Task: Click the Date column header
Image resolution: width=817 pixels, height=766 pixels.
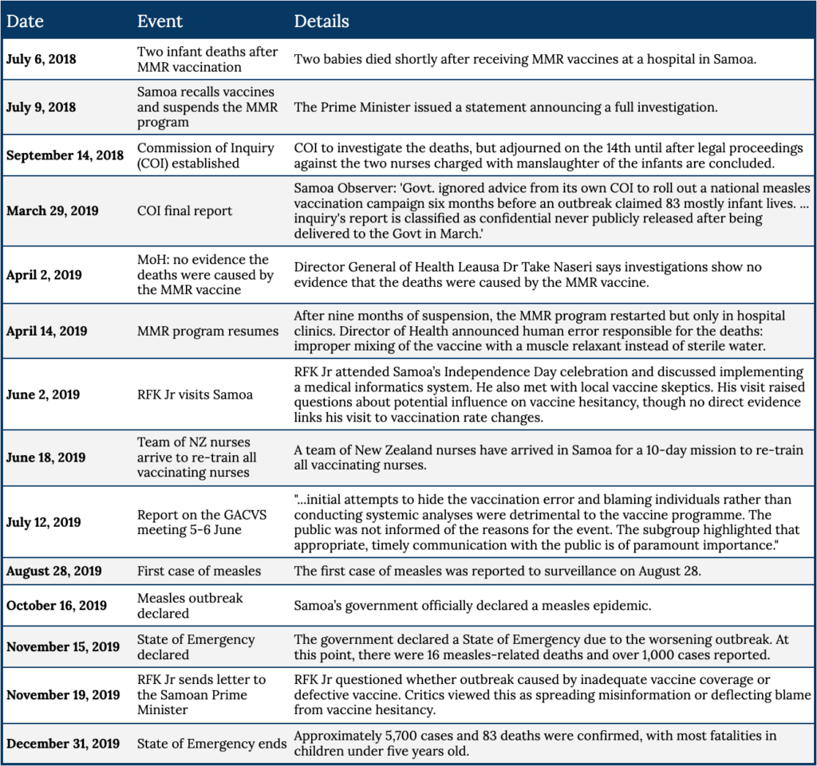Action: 25,21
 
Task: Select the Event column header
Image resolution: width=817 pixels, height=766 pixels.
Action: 160,21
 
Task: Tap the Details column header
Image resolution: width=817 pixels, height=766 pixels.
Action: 322,21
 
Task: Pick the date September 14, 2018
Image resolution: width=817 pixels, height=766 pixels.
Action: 65,155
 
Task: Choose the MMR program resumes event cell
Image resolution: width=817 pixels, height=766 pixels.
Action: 207,331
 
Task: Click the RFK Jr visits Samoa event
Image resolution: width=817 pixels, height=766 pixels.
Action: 195,395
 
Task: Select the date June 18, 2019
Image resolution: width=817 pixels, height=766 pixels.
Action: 45,458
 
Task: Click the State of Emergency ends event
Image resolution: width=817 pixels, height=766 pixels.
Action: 211,744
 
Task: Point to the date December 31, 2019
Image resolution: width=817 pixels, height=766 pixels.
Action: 64,744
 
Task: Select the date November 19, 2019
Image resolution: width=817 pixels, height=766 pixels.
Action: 63,694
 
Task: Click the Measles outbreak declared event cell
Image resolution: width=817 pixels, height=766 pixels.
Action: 190,605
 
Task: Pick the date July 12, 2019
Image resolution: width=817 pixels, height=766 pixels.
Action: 44,522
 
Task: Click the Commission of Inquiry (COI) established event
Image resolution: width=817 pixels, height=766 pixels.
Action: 205,155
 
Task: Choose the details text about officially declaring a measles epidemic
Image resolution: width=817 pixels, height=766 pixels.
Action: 472,606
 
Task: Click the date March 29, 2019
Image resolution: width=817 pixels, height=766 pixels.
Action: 53,210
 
